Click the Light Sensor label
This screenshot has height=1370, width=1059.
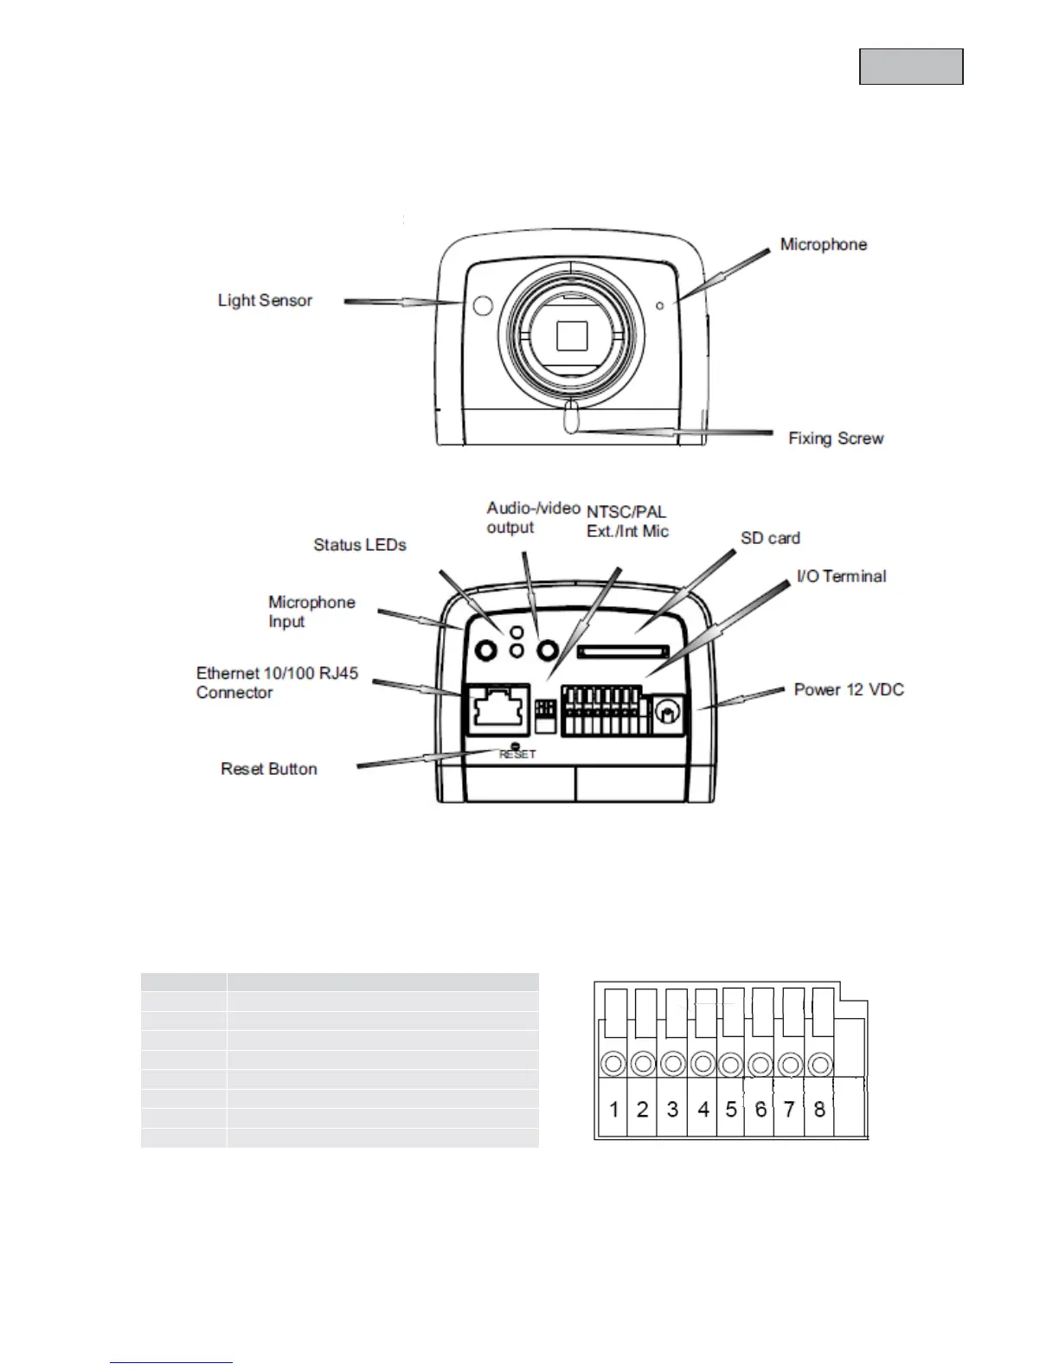265,300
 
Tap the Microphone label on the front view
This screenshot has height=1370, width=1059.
823,245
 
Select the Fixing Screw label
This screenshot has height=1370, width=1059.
836,439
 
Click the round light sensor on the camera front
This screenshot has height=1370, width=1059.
483,304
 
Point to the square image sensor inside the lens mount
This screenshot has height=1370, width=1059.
572,335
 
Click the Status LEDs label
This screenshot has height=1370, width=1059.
359,545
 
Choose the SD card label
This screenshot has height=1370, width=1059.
770,538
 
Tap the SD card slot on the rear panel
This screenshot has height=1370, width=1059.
623,650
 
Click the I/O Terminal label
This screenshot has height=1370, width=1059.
841,576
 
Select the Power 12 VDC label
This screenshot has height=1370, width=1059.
849,689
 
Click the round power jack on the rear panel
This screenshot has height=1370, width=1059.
666,712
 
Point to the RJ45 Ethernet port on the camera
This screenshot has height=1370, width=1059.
497,708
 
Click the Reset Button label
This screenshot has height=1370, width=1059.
269,769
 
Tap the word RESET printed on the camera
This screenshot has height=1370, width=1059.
517,754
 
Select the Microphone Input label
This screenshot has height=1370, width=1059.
311,611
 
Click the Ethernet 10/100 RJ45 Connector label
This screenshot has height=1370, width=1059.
277,682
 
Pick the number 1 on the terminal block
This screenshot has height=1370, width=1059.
614,1109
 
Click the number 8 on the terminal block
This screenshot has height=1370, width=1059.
819,1109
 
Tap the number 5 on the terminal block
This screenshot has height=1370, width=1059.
731,1109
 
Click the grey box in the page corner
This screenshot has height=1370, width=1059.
911,67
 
